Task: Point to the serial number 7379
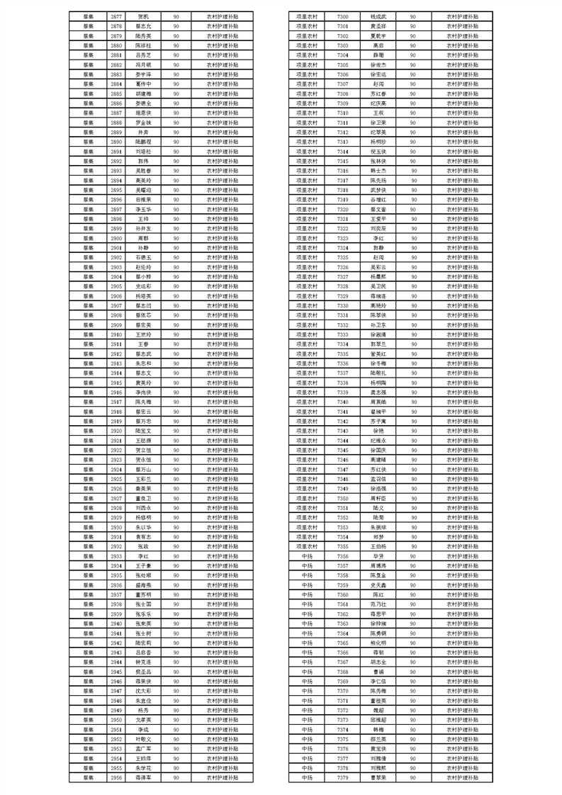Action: (x=342, y=777)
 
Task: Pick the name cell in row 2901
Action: (x=143, y=248)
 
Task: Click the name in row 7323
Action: (x=378, y=238)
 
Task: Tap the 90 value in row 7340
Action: (x=413, y=402)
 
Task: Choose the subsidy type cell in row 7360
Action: (x=462, y=594)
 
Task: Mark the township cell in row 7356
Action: (x=307, y=556)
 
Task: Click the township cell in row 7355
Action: (x=307, y=546)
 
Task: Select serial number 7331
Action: (x=342, y=315)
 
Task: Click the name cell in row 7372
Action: (x=378, y=709)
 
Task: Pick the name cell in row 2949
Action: (x=143, y=709)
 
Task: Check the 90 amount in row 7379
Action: (x=413, y=777)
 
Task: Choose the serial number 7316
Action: (x=342, y=170)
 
